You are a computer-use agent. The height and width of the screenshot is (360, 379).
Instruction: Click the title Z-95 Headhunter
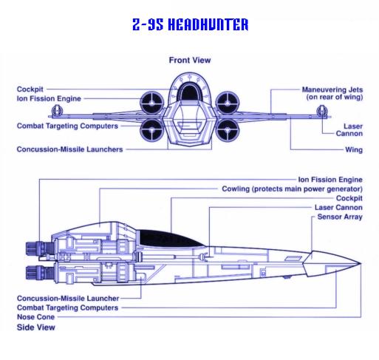tap(190, 24)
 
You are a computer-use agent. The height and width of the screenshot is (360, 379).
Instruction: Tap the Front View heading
tap(190, 60)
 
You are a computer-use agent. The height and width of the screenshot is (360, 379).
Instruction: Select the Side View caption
tap(36, 327)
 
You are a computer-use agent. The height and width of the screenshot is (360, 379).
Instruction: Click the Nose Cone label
tap(35, 317)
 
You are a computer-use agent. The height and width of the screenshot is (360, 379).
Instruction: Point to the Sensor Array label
tap(340, 217)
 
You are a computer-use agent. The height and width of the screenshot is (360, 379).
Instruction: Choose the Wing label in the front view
tap(354, 149)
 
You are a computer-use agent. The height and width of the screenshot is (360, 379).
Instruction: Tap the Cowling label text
tap(292, 189)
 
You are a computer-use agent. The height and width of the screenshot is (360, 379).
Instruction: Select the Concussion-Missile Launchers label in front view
tap(69, 149)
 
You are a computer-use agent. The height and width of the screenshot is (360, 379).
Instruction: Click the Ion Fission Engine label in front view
tap(49, 98)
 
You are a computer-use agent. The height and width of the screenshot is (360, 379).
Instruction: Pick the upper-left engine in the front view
tap(152, 103)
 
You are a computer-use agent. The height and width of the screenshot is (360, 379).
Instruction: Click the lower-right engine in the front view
tap(228, 131)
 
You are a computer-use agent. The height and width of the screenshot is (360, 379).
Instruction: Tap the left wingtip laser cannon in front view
tap(57, 111)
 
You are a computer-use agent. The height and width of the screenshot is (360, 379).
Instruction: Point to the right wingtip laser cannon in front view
tap(322, 111)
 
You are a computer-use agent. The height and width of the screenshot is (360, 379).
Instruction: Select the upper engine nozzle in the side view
tap(39, 248)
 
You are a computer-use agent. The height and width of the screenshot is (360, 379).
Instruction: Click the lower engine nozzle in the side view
tap(39, 273)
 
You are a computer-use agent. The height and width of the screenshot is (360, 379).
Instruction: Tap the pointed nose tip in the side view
tap(361, 264)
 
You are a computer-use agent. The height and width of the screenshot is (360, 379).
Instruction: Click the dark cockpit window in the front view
tap(190, 92)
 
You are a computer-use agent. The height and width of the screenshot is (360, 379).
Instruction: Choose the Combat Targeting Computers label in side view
tap(67, 308)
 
